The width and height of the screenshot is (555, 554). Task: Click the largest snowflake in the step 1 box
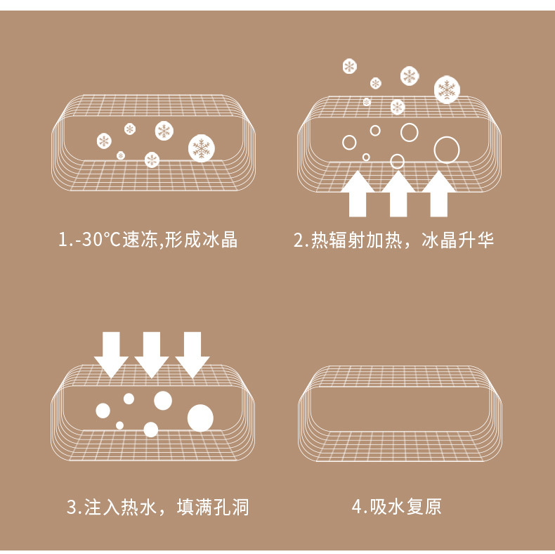(202, 148)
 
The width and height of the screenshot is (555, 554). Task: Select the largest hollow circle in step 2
(446, 149)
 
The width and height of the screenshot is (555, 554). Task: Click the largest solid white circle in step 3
(200, 418)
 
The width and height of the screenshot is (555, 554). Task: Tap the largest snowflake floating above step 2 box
(446, 89)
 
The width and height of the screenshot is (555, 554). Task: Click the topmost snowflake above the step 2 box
(349, 66)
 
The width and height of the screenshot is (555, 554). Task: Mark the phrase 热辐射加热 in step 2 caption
(355, 240)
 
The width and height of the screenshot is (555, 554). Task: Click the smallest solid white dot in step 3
(119, 425)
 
